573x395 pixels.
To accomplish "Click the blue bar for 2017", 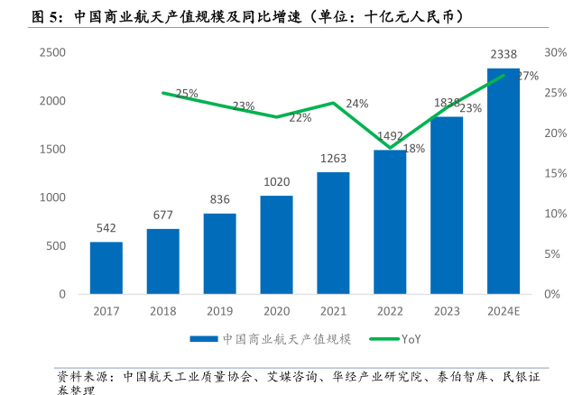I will pos(106,268).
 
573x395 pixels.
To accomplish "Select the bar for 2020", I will pos(276,244).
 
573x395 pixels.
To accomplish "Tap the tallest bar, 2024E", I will pos(503,180).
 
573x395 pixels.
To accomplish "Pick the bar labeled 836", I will pos(219,253).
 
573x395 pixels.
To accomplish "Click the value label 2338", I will pos(504,56).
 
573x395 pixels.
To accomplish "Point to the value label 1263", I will pos(333,159).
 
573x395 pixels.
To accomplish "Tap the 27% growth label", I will pos(528,76).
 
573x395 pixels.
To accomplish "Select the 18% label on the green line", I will pos(414,149).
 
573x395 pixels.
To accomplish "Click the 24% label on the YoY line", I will pos(356,104).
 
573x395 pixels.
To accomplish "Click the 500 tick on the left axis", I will pos(56,246).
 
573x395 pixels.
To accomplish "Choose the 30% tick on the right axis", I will pos(556,52).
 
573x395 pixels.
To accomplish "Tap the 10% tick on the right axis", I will pos(556,214).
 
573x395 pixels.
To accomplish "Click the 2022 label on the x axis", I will pos(390,312).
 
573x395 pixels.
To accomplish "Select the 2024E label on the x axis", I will pos(504,312).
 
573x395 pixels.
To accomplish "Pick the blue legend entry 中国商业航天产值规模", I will pos(272,339).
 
